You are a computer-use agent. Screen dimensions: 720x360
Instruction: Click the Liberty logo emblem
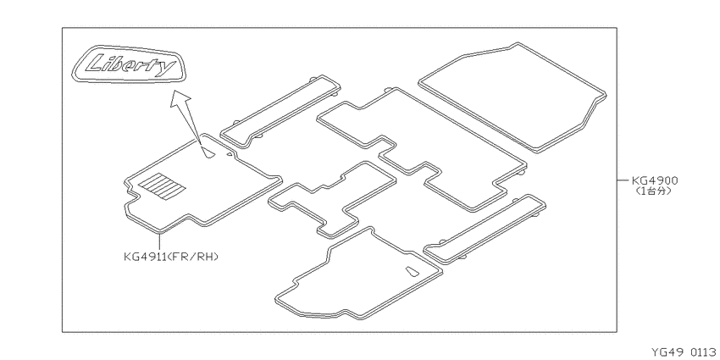tap(129, 64)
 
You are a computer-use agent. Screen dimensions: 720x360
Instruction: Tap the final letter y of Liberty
tap(166, 68)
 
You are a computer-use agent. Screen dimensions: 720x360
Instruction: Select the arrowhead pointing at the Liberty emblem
tap(180, 97)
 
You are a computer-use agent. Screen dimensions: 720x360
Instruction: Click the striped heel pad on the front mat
tap(162, 186)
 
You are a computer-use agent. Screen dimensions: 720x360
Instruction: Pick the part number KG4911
tap(144, 257)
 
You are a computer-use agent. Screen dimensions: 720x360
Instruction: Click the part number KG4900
tap(654, 181)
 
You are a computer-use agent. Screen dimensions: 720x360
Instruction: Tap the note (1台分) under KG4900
tap(653, 191)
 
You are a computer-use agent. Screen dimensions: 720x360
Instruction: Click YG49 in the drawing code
tap(665, 352)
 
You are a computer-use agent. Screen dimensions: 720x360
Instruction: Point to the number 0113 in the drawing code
tap(702, 352)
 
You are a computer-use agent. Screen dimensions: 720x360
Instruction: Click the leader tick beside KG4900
tap(623, 180)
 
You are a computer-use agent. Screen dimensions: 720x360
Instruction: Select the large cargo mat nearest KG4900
tap(512, 97)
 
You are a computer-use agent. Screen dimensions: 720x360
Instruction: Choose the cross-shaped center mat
tap(332, 199)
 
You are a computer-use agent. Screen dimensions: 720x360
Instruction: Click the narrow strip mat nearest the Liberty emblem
tap(280, 112)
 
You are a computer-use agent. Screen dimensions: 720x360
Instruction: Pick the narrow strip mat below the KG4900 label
tap(485, 230)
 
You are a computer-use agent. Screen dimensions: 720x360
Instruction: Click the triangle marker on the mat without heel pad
tap(412, 271)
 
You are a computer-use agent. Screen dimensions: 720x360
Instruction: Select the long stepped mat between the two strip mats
tap(422, 150)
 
